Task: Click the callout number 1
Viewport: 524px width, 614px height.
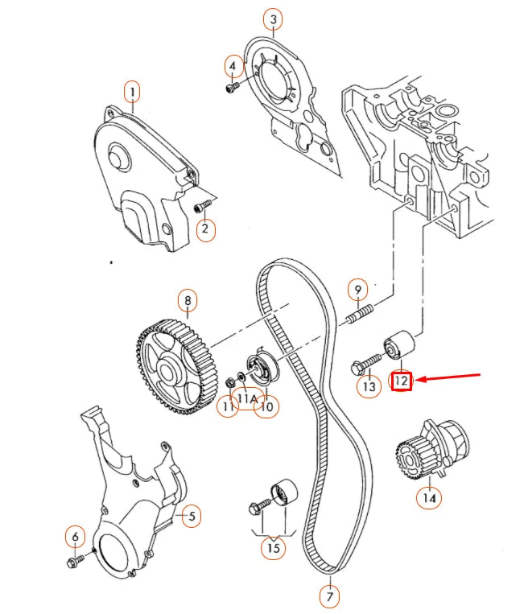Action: (x=132, y=92)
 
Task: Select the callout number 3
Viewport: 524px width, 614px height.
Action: (x=274, y=19)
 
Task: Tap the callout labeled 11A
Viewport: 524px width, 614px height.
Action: (x=246, y=398)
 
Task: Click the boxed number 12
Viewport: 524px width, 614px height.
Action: (x=402, y=380)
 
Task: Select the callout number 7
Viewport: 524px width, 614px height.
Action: (x=329, y=596)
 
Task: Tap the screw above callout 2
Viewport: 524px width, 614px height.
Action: (x=200, y=208)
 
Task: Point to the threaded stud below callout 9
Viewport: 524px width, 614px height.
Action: (x=361, y=315)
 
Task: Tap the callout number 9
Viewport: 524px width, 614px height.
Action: (x=357, y=288)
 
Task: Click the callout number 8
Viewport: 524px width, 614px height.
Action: (x=188, y=302)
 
